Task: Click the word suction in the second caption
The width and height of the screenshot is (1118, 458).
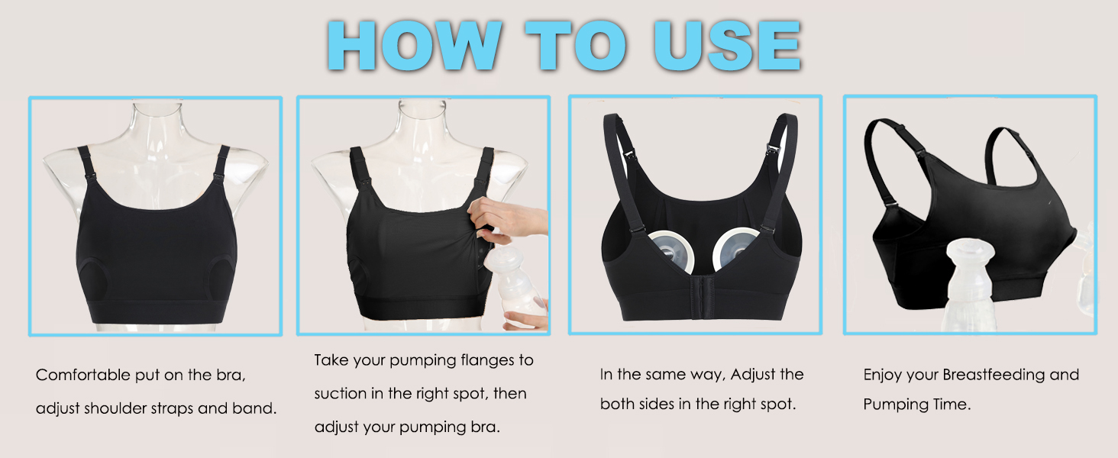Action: click(341, 394)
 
